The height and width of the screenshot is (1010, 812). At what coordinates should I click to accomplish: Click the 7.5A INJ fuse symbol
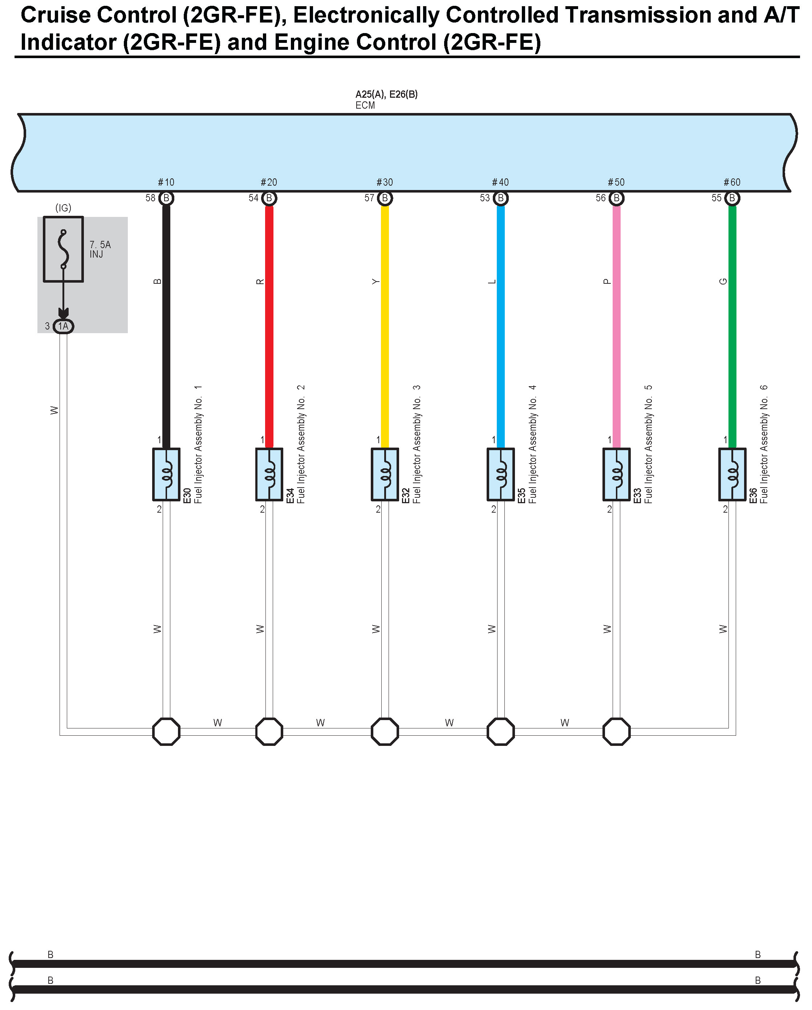tap(63, 249)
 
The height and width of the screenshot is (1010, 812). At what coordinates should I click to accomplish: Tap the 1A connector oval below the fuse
tap(63, 326)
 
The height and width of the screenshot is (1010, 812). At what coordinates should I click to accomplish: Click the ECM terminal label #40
tap(500, 182)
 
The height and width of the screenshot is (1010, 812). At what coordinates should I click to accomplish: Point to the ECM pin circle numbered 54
tap(269, 198)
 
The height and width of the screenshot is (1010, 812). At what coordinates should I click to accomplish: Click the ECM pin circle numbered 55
tap(732, 198)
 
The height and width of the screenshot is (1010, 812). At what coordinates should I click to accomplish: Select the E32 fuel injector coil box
tap(385, 474)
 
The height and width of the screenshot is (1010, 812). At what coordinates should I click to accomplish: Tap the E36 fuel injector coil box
tap(732, 474)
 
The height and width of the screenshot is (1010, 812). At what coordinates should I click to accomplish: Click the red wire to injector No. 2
tap(269, 328)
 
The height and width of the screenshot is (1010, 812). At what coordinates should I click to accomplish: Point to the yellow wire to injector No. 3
tap(385, 328)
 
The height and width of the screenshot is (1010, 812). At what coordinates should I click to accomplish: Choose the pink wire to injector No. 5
tap(616, 328)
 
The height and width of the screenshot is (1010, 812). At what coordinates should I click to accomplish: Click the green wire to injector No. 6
tap(732, 328)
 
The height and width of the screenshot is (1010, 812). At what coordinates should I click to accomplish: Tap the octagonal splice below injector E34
tap(269, 731)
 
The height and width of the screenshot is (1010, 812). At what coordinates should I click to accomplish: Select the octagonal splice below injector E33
tap(616, 731)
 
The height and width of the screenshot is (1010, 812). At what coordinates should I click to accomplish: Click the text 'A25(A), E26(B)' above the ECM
tap(386, 94)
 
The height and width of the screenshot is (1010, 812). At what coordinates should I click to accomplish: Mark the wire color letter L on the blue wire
tap(492, 282)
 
